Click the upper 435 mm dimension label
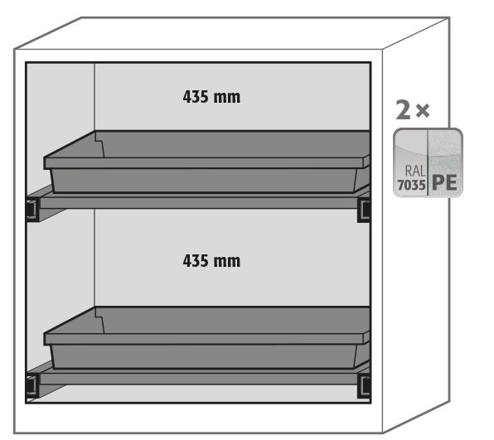[x=211, y=97]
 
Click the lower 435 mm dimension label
[x=211, y=261]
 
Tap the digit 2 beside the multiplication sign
[x=404, y=109]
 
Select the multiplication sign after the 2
[x=423, y=111]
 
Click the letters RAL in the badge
[x=415, y=171]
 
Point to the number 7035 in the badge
[x=411, y=185]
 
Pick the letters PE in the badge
[x=444, y=182]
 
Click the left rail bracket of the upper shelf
[x=32, y=210]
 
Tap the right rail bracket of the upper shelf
[x=364, y=210]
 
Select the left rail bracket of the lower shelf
[x=32, y=386]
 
